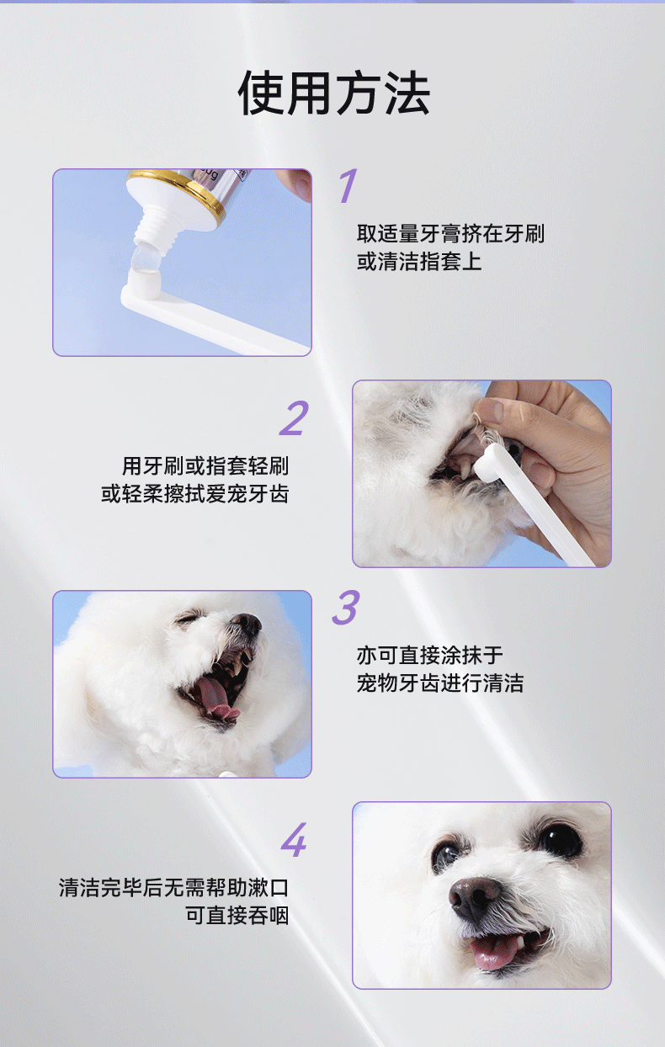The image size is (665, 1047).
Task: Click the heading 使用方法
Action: (333, 93)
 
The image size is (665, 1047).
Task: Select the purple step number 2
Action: (295, 417)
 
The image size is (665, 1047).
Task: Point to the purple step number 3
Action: (346, 607)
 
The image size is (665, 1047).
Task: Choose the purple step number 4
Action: (295, 840)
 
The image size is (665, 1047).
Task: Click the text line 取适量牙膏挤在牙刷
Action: (450, 234)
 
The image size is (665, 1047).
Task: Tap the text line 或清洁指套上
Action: (419, 261)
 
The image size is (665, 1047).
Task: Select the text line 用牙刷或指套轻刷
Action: (205, 465)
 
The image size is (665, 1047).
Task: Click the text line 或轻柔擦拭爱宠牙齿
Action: (195, 493)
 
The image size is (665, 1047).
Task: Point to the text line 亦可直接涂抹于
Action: (429, 655)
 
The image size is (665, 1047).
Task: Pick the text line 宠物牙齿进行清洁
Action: (439, 683)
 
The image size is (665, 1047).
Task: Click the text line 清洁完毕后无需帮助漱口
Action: (174, 887)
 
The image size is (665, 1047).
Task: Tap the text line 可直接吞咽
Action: (237, 915)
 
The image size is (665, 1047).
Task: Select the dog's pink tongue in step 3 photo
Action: (215, 696)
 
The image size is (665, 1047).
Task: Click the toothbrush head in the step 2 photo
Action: (492, 457)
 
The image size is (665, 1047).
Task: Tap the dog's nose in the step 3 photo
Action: (247, 624)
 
